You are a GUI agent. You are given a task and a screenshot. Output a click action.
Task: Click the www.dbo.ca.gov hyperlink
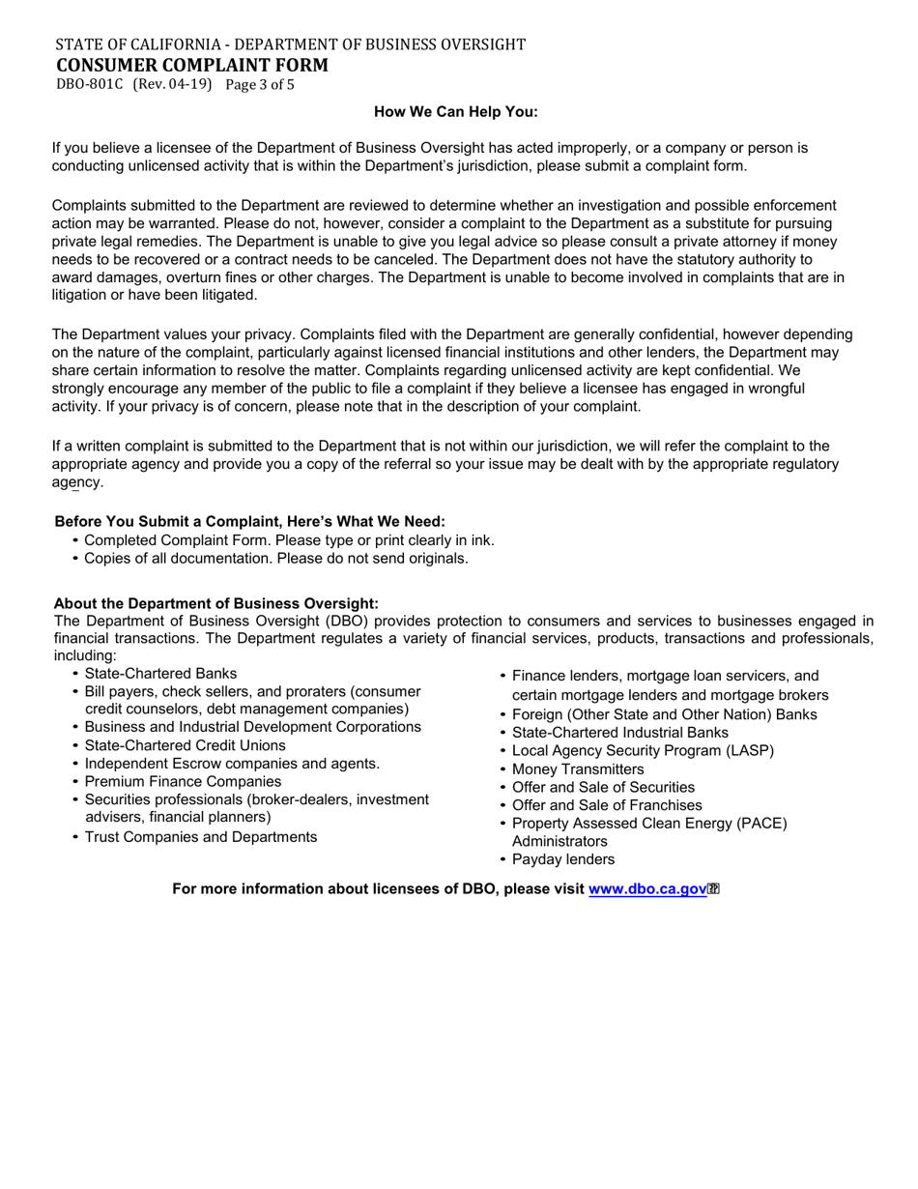tap(647, 889)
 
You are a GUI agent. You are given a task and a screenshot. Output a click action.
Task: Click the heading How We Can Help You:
tap(455, 112)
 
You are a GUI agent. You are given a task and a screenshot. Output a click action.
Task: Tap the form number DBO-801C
tap(90, 84)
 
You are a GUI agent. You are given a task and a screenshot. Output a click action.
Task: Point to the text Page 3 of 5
tap(260, 84)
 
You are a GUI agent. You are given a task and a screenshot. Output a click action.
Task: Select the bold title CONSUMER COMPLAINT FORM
tap(191, 65)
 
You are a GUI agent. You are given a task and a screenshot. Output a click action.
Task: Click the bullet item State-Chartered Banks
tap(160, 674)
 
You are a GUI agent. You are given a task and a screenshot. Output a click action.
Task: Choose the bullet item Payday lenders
tap(563, 859)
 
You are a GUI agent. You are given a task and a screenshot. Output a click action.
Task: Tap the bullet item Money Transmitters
tap(578, 769)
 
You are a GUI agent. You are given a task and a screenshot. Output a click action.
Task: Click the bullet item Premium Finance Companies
tap(183, 781)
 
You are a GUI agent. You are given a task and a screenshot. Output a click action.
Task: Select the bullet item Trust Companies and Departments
tap(200, 837)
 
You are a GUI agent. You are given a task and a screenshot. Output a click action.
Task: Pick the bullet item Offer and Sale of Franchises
tap(607, 805)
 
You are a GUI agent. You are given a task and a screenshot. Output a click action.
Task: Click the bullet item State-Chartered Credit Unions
tap(185, 745)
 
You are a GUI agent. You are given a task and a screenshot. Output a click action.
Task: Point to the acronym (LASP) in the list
tap(749, 751)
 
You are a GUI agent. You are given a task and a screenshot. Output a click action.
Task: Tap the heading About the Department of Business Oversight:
tap(216, 603)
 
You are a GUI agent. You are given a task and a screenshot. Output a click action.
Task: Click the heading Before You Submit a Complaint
tap(249, 522)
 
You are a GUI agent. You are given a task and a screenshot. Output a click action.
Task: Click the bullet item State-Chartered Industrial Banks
tap(620, 733)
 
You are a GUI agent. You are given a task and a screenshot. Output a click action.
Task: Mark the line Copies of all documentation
tap(275, 559)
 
